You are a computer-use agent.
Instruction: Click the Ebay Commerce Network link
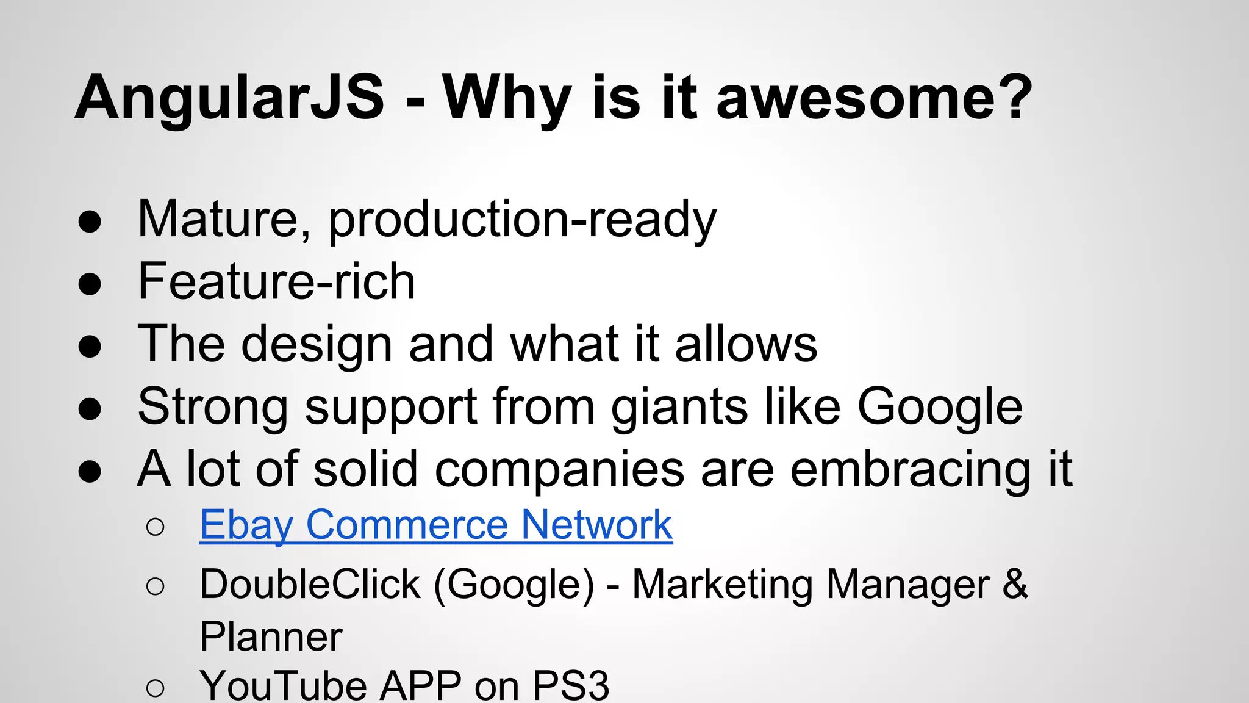pyautogui.click(x=436, y=525)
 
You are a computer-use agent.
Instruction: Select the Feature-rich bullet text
pyautogui.click(x=276, y=282)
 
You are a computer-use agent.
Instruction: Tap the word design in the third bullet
pyautogui.click(x=317, y=345)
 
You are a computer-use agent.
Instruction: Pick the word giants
pyautogui.click(x=679, y=408)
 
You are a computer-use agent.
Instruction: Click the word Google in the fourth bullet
pyautogui.click(x=940, y=408)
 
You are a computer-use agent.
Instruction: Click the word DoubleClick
pyautogui.click(x=310, y=585)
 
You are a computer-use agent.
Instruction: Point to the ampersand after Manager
pyautogui.click(x=1015, y=583)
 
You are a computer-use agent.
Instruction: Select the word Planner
pyautogui.click(x=271, y=637)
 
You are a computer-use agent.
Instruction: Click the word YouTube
pyautogui.click(x=283, y=686)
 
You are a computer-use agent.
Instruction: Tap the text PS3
pyautogui.click(x=571, y=686)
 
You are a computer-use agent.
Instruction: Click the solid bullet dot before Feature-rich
pyautogui.click(x=90, y=284)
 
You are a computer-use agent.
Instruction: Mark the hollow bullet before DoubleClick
pyautogui.click(x=156, y=586)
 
